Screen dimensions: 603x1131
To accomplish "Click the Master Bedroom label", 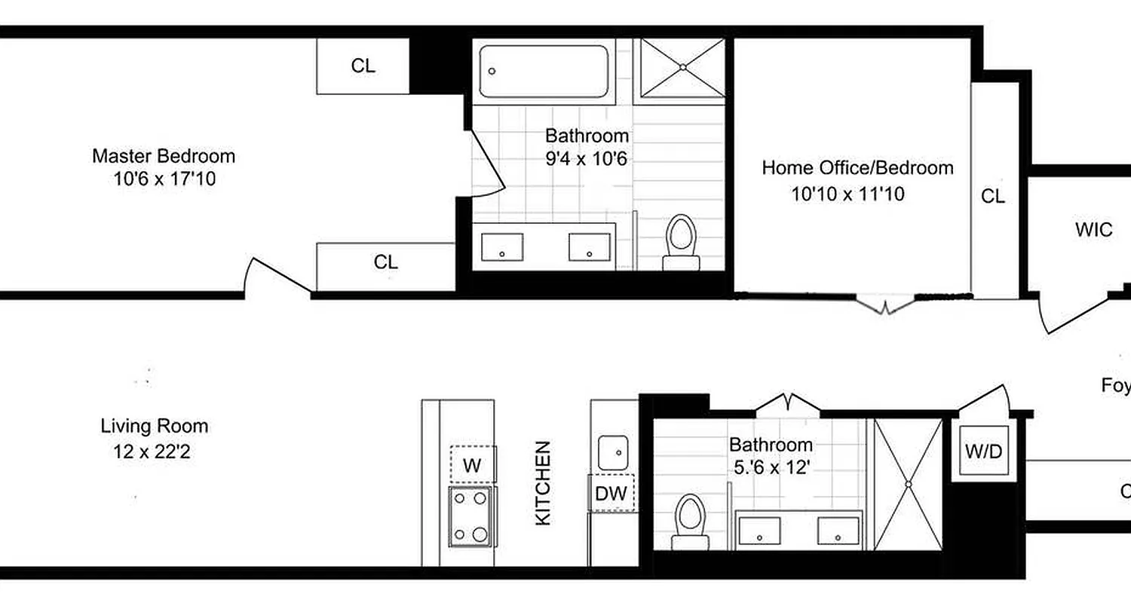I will (164, 156).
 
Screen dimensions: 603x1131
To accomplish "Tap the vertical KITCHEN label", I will (543, 483).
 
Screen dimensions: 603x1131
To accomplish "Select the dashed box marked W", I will (472, 464).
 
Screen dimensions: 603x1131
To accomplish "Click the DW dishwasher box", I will (611, 494).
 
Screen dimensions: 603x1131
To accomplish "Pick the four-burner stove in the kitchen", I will (471, 516).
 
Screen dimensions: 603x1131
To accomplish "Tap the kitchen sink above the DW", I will (614, 452).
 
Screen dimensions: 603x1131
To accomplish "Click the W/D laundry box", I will (984, 452).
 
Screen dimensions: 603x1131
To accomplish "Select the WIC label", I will (1093, 230).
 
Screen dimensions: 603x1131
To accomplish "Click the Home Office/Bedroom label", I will (857, 167).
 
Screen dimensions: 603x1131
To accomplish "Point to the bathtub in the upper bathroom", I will (544, 72).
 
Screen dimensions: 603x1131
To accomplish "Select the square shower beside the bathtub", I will (682, 68).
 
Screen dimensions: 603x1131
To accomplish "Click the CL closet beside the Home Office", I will (993, 196).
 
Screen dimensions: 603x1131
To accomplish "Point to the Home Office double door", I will (885, 305).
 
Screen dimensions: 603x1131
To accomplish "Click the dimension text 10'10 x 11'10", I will (847, 194).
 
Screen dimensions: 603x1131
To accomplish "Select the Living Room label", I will (155, 426).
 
